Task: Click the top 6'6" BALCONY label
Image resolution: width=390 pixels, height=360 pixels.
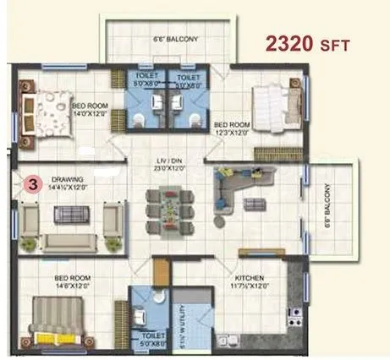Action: point(168,39)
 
